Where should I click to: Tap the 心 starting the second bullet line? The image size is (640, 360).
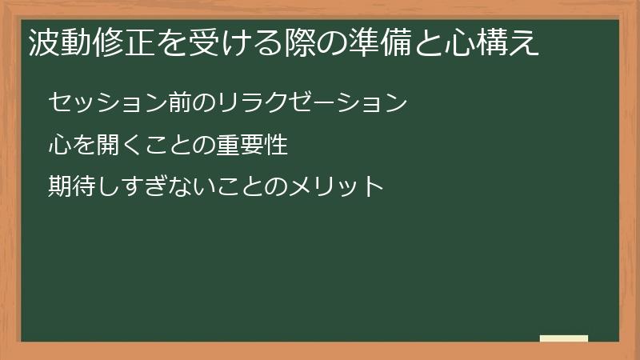60,146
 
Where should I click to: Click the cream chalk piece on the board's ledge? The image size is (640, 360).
564,338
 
